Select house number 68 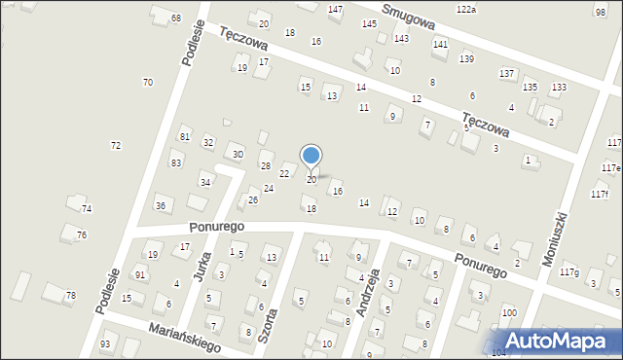tap(175, 18)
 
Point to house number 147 tap(335, 9)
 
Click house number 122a tap(466, 9)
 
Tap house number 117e tap(610, 167)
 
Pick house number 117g tap(568, 272)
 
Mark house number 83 tap(175, 162)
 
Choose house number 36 tap(161, 205)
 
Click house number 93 tap(105, 344)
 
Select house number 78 tap(70, 295)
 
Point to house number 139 tap(466, 59)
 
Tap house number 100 tap(509, 312)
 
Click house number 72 tap(116, 145)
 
